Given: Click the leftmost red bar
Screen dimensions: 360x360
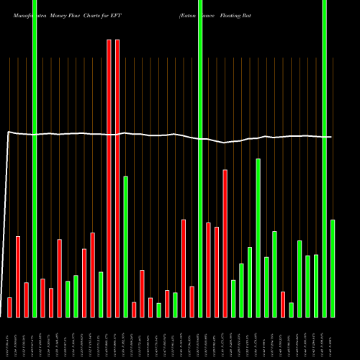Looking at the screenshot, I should click(9, 307).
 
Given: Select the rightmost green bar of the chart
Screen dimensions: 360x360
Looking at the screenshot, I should click(333, 268).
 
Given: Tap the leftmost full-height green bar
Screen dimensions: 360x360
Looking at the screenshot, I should click(35, 158).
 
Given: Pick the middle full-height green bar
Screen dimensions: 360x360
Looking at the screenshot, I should click(200, 158).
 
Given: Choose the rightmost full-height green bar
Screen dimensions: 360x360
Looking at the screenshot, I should click(324, 158).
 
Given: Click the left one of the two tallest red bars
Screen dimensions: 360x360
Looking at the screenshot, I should click(109, 178).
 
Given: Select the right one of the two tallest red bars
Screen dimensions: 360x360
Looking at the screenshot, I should click(117, 178).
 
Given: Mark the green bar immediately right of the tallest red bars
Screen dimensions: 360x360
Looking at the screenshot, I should click(125, 246).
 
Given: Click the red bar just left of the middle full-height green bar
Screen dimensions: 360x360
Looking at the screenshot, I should click(192, 301).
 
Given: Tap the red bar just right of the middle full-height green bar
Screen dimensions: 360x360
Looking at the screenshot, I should click(209, 269).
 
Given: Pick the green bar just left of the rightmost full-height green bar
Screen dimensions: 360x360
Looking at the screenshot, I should click(316, 285).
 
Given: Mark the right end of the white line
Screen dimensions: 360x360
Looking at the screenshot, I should click(332, 137).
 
